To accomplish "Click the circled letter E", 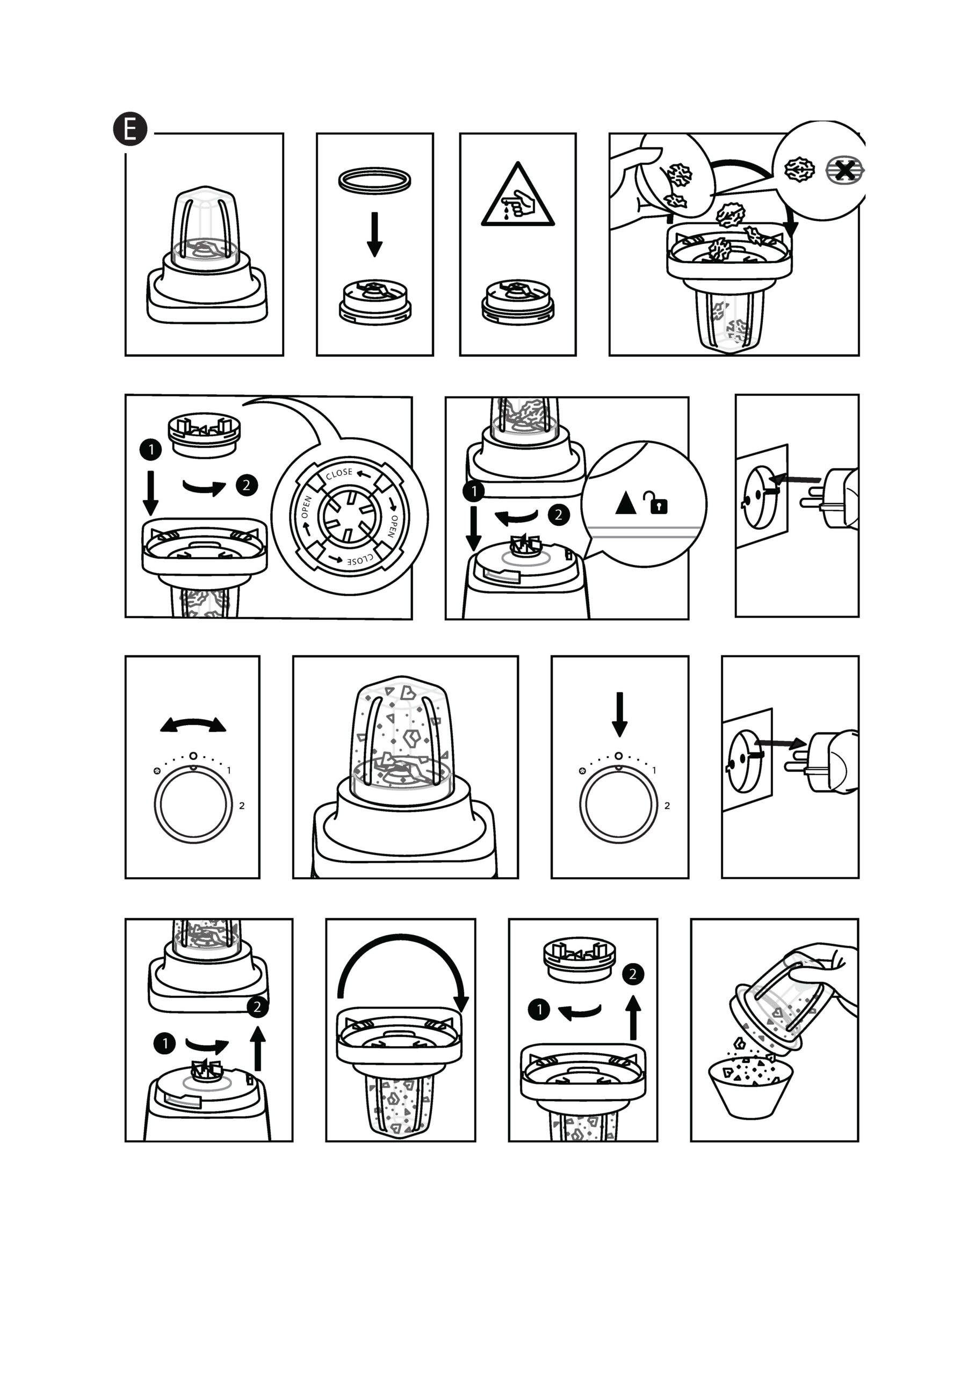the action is pos(130,129).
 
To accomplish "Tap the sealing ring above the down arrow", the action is pos(375,179).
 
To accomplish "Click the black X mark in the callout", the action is pos(844,171).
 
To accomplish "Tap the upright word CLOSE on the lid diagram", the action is pos(339,474).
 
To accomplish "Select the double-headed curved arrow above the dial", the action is pos(193,724).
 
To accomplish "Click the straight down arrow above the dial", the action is pos(619,714).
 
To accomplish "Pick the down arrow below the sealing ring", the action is pos(375,234).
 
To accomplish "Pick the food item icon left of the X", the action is pos(800,170).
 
